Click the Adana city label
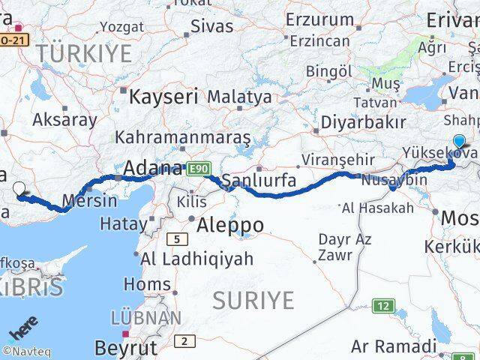coord(154,167)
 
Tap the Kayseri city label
coord(163,96)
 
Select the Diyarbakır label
coord(364,121)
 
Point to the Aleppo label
coord(230,224)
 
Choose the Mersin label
coord(91,200)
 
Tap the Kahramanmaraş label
coord(182,138)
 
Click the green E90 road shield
coord(199,168)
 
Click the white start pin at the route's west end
coord(19,190)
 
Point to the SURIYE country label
coord(253,300)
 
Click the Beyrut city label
coord(127,347)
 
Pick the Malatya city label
coord(239,97)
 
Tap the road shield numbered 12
coord(384,305)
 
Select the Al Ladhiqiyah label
coord(198,259)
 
